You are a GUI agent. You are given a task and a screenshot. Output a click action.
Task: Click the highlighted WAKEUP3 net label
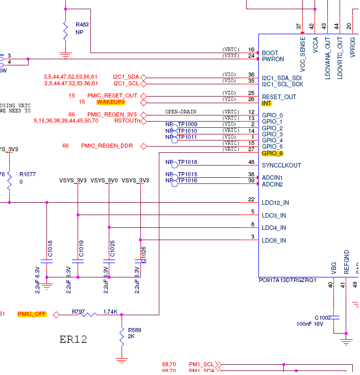click(x=111, y=102)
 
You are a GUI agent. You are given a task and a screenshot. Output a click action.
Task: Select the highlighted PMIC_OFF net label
click(x=32, y=314)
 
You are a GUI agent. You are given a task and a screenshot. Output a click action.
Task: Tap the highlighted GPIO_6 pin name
click(x=272, y=153)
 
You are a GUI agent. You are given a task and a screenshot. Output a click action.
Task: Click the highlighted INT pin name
click(x=267, y=103)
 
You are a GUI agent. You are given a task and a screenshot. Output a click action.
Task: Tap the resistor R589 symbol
click(x=122, y=337)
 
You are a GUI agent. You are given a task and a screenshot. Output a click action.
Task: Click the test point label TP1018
click(x=187, y=162)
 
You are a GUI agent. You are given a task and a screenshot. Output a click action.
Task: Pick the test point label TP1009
click(x=187, y=125)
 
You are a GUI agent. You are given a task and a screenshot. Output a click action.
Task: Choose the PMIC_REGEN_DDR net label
click(x=107, y=146)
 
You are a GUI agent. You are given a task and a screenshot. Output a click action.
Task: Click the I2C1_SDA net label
click(x=126, y=77)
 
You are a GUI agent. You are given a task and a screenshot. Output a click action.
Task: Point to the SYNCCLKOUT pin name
click(x=281, y=166)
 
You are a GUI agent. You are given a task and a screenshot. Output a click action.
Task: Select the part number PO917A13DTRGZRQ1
click(x=288, y=280)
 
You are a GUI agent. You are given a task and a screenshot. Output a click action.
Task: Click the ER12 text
click(x=73, y=339)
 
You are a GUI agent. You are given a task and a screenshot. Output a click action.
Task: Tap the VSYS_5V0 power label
click(x=104, y=180)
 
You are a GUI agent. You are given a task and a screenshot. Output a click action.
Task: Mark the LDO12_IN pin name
click(x=275, y=203)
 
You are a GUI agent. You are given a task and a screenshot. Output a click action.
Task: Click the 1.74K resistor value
click(x=110, y=311)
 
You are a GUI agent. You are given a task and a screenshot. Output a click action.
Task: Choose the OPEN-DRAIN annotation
click(x=181, y=112)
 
